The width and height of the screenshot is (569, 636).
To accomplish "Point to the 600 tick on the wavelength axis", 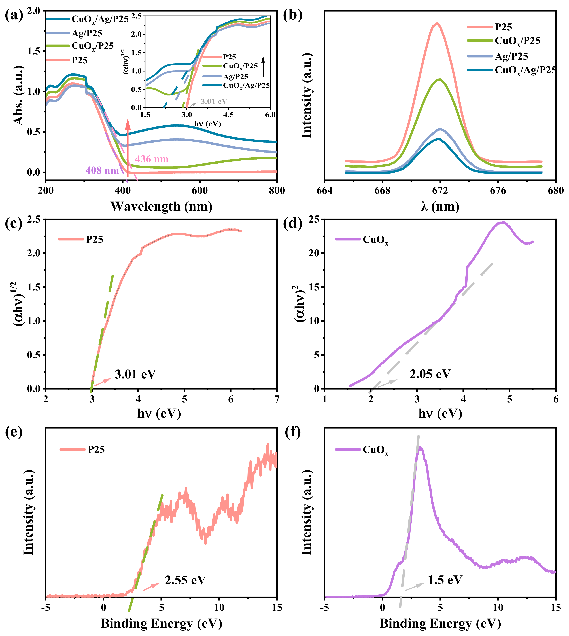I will [199, 190].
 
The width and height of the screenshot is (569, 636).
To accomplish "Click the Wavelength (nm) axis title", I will [161, 206].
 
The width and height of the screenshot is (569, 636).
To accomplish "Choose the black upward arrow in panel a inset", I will [263, 66].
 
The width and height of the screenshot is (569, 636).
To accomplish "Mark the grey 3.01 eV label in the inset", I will [214, 101].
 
